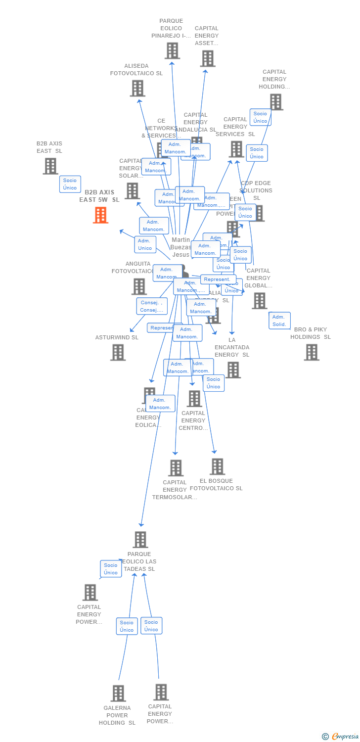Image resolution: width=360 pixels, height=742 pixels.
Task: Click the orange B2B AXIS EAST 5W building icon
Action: point(100,215)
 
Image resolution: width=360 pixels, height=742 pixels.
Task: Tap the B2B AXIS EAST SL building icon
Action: point(50,166)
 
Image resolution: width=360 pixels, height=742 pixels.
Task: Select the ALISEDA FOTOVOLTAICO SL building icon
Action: point(137,88)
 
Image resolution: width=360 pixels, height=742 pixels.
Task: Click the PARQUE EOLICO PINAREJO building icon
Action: point(172,50)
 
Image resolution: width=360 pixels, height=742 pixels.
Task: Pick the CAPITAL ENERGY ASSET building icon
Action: point(207,58)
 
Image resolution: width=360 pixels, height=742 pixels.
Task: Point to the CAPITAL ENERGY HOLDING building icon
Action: point(275,102)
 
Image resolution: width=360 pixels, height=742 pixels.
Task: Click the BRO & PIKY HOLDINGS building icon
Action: point(311,352)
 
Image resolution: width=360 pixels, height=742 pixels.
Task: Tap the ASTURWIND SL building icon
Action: point(118,352)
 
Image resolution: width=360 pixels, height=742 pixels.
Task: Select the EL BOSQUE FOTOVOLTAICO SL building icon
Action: point(217,466)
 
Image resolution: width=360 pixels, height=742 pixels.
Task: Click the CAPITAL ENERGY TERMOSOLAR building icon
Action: point(176,467)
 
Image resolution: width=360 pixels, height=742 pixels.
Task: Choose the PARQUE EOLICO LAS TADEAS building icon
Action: point(140,539)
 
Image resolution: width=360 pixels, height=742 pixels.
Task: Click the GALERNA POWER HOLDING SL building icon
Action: point(118,693)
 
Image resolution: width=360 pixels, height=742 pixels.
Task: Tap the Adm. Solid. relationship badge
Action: point(279,321)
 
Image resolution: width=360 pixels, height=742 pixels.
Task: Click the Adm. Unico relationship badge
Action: point(145,244)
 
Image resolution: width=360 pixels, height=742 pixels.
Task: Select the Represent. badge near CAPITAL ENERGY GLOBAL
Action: point(217,279)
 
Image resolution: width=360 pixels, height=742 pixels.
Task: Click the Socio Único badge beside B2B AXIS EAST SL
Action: point(70,184)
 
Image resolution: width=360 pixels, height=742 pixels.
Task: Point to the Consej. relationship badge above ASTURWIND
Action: point(152,306)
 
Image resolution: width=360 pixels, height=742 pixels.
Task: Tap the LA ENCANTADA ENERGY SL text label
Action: point(232,347)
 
